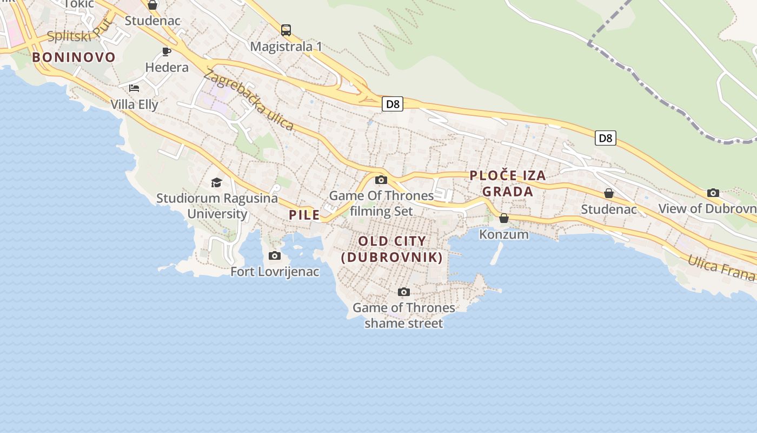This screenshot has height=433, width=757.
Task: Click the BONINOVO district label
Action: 74,57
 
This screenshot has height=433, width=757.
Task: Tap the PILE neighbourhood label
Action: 304,215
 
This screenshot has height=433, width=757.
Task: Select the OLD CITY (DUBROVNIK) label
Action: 392,249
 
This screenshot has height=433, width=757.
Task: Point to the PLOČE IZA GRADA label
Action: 508,183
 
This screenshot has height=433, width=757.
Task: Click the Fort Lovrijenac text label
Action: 275,272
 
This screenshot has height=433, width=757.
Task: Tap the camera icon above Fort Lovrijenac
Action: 275,255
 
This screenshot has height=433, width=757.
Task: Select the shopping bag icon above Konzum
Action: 504,218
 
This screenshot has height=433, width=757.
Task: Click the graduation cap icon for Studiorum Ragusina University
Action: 217,182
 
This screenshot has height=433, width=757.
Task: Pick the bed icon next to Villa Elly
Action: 134,88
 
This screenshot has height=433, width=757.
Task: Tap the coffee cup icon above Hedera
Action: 167,51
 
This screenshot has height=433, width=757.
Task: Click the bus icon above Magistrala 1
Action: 286,30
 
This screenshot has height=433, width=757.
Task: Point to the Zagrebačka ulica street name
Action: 249,101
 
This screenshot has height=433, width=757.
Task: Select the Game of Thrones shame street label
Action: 404,316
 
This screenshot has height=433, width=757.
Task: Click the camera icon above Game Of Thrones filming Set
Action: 381,180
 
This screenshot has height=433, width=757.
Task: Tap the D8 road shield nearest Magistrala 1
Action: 393,104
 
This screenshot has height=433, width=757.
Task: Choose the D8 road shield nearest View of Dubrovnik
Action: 606,138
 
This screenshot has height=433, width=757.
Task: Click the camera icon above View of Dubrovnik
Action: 713,193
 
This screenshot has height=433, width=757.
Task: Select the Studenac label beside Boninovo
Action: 152,21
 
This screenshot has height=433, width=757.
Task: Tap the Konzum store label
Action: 504,234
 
